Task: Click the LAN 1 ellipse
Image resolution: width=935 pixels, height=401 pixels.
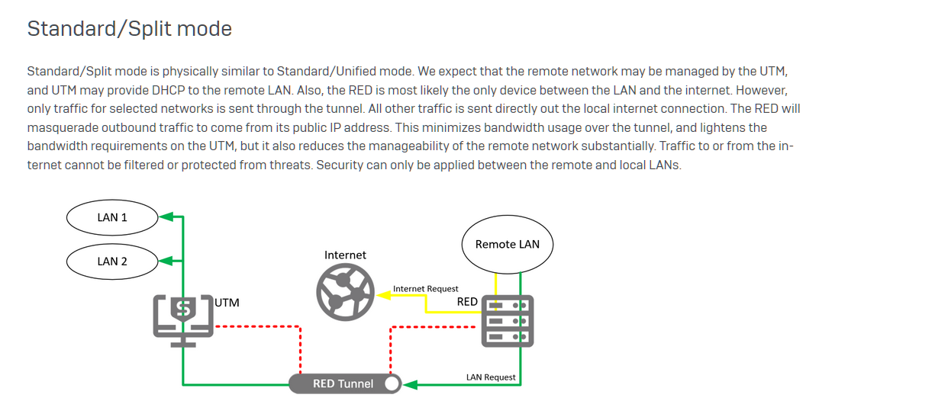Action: [x=112, y=218]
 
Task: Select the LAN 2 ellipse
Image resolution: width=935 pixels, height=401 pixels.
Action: [x=112, y=261]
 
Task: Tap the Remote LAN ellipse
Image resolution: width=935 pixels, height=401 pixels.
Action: [x=507, y=244]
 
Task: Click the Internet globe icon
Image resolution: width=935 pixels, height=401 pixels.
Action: [x=344, y=291]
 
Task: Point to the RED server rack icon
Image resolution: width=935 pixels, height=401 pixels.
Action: [x=506, y=321]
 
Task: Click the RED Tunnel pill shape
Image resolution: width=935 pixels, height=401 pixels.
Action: [x=343, y=383]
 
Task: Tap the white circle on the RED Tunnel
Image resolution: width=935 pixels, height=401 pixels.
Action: [x=392, y=383]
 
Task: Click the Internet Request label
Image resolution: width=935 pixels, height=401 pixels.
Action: [x=425, y=289]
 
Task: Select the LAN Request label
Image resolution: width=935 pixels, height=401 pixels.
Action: [x=491, y=377]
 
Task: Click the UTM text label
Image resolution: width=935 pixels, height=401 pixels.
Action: [x=227, y=303]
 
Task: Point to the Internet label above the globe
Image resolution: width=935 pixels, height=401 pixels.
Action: [x=345, y=255]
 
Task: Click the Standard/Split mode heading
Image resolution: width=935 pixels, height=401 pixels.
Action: [x=130, y=29]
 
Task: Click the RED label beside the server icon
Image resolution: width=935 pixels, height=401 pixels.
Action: [x=467, y=302]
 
